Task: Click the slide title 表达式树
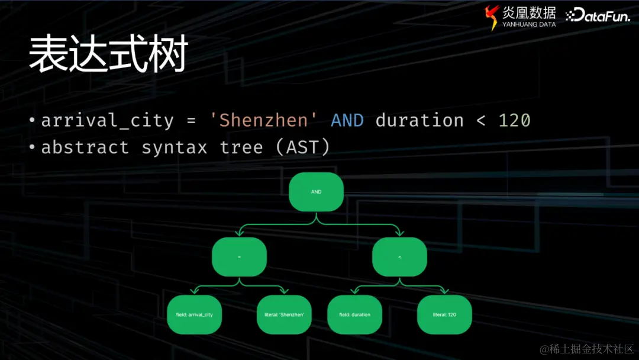click(108, 54)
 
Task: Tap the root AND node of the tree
click(316, 192)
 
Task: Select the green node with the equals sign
click(239, 257)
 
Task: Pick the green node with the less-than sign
click(399, 257)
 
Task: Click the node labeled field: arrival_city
click(194, 314)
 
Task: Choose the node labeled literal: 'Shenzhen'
click(284, 314)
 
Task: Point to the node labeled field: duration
click(354, 314)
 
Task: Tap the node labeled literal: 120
click(444, 314)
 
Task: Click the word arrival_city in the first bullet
click(107, 121)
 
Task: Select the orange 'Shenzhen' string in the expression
click(259, 121)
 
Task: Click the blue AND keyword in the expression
click(347, 121)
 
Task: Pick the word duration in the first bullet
click(419, 121)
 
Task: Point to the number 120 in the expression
click(514, 121)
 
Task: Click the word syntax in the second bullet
click(174, 147)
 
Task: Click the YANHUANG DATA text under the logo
click(529, 25)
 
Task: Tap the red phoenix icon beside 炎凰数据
click(492, 17)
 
